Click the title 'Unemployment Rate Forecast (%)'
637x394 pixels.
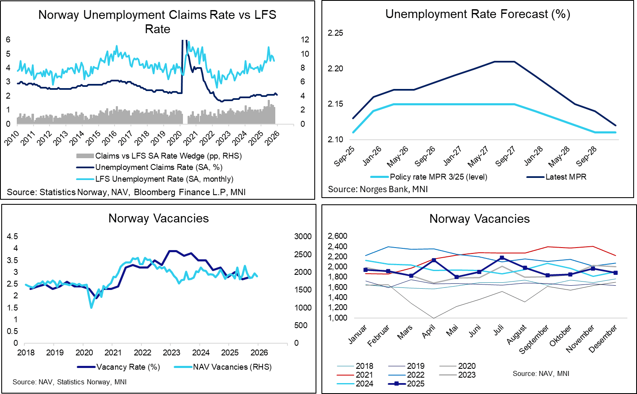point(478,14)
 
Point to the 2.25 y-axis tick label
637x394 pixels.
point(335,33)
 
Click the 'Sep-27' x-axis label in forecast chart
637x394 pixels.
point(505,156)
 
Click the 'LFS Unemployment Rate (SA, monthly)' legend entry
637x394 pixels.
point(164,179)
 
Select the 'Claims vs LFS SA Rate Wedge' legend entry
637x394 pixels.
point(168,156)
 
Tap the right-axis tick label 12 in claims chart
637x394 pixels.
point(305,40)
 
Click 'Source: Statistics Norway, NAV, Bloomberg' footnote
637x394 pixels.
point(126,192)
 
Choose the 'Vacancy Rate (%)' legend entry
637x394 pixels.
point(128,367)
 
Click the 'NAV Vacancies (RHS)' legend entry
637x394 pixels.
point(232,367)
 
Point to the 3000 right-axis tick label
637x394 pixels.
point(303,237)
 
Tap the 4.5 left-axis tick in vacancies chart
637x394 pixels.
point(13,237)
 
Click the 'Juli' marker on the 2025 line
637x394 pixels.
point(502,258)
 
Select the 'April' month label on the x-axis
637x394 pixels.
point(429,332)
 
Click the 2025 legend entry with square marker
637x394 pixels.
point(415,384)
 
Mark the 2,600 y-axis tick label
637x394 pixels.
point(337,236)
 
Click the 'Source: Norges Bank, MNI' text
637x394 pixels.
point(378,189)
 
